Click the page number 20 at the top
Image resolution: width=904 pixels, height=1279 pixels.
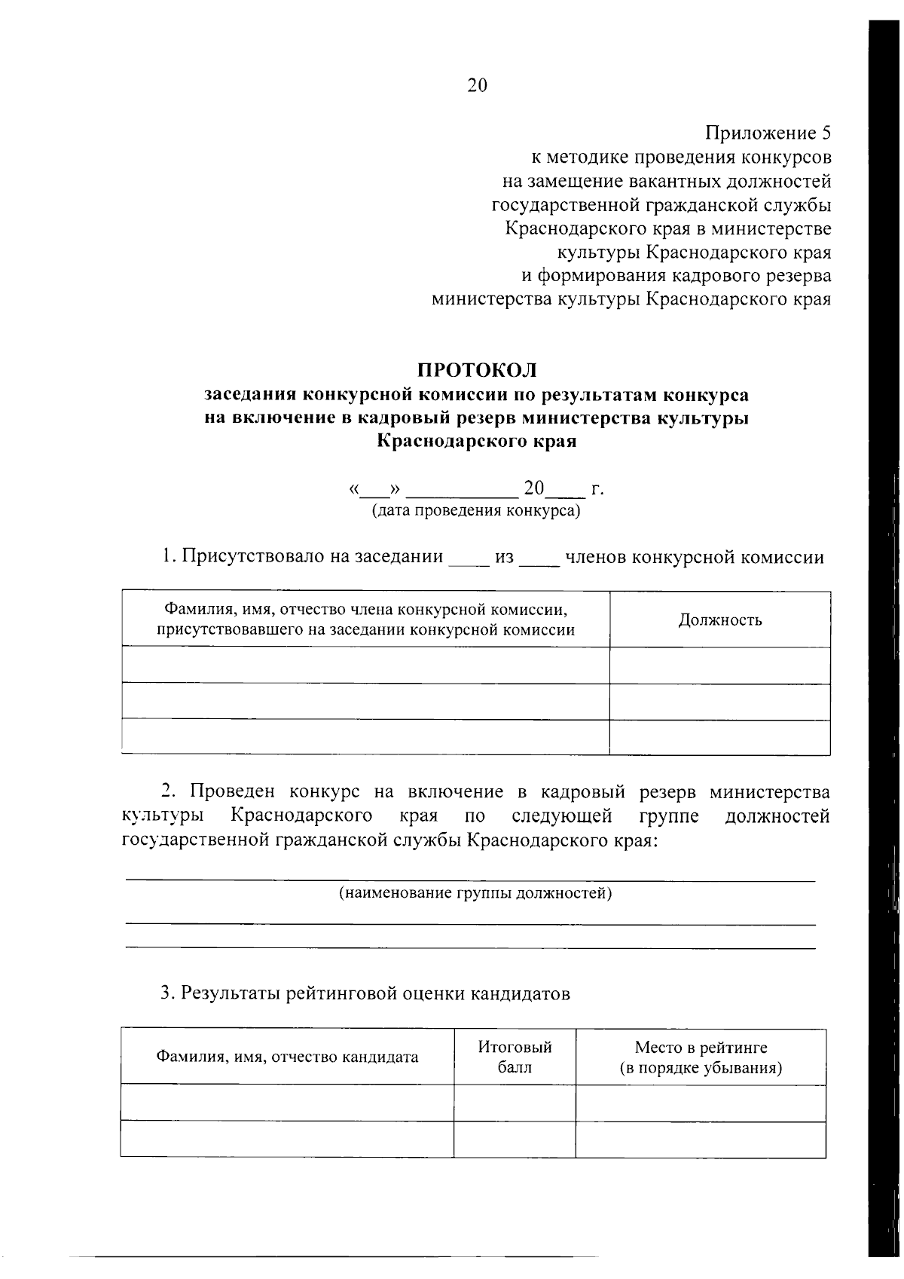click(478, 85)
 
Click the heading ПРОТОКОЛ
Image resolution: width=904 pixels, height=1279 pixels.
click(478, 370)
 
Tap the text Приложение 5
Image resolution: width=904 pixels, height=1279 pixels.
click(768, 133)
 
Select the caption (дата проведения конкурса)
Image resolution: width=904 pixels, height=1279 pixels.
click(476, 511)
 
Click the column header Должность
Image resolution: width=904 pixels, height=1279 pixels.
click(719, 620)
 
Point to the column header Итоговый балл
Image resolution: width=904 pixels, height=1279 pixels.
click(515, 1057)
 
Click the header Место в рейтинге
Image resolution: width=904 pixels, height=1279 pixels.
click(701, 1047)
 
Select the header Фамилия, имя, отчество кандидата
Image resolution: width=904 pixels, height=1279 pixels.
click(287, 1057)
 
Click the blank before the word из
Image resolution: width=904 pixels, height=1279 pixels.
click(469, 560)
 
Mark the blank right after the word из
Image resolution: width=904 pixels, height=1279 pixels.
click(539, 560)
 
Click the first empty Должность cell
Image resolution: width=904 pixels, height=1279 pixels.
click(719, 666)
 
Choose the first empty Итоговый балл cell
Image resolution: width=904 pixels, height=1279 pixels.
click(515, 1103)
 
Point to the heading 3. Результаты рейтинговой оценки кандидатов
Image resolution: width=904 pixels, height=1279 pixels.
click(365, 993)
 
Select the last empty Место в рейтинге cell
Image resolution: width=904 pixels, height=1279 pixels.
click(701, 1139)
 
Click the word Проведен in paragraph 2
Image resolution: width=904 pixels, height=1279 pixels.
click(233, 792)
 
